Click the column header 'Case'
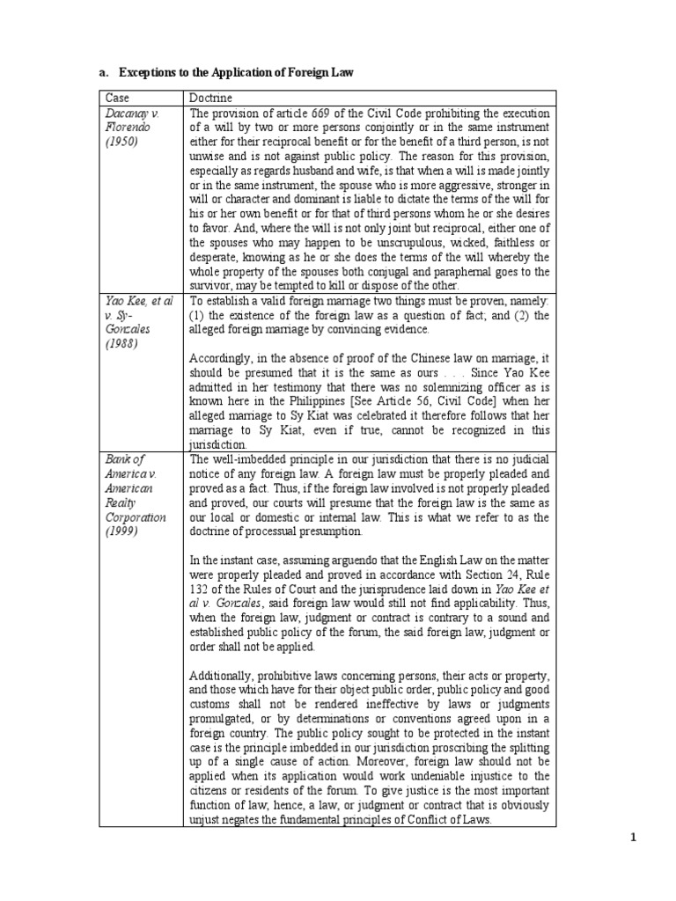tap(115, 99)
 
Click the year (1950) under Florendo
tap(124, 142)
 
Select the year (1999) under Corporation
tap(124, 531)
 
